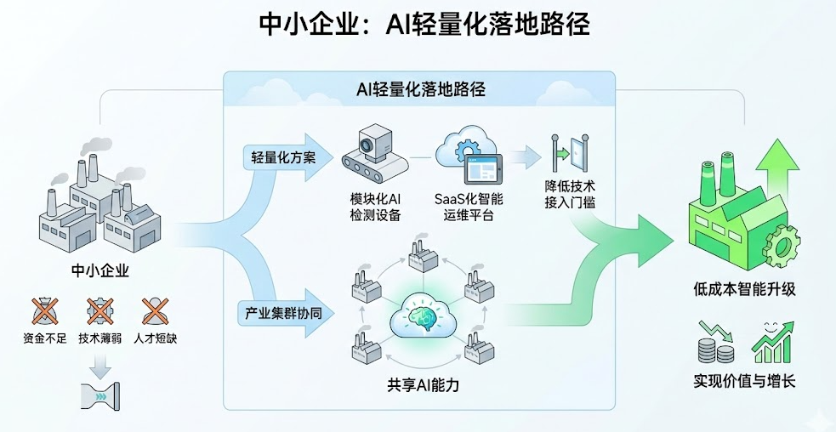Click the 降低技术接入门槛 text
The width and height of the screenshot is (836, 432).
coord(569,192)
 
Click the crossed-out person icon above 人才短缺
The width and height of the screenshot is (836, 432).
coord(155,311)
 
